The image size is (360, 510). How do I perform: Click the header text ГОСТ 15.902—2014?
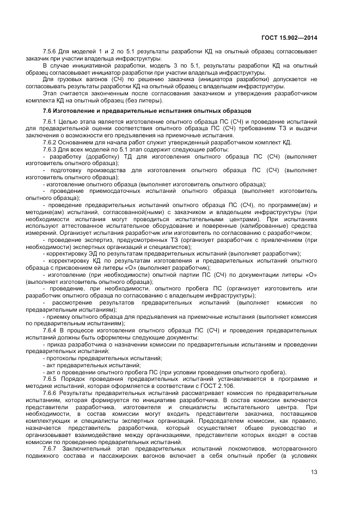tap(289, 38)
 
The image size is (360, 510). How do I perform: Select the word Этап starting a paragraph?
tap(50, 93)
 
